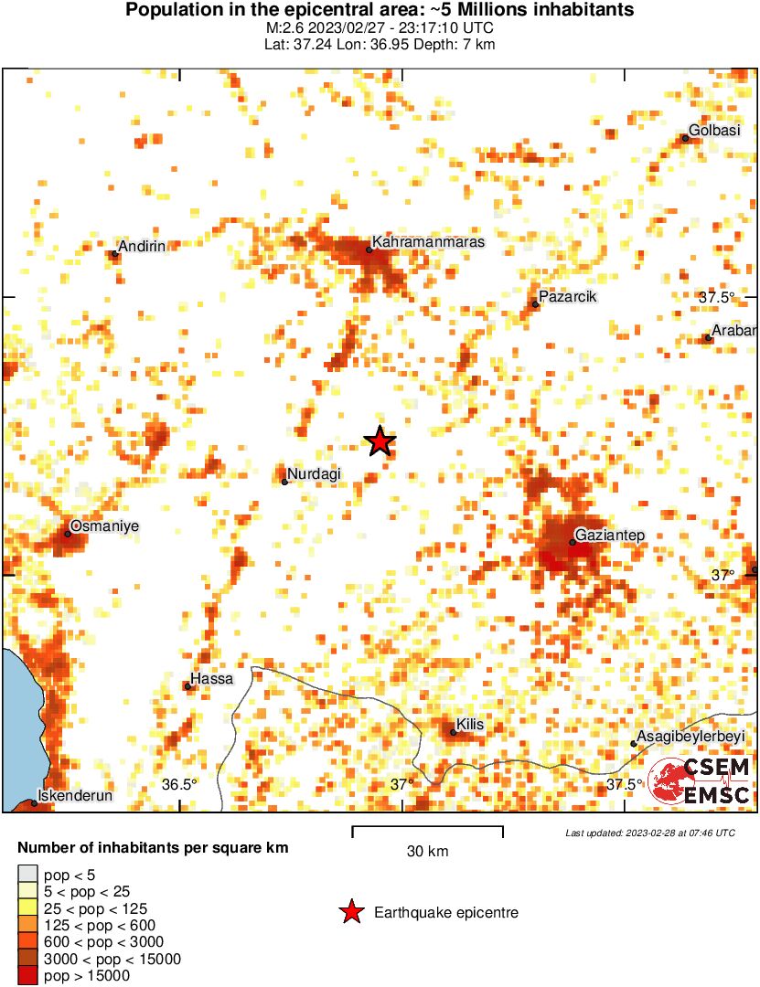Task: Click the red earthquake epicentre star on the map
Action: pyautogui.click(x=380, y=442)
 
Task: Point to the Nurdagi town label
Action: pyautogui.click(x=314, y=474)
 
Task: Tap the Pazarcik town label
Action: pyautogui.click(x=567, y=297)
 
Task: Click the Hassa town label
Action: pyautogui.click(x=211, y=679)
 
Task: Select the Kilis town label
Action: pyautogui.click(x=470, y=725)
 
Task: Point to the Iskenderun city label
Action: pyautogui.click(x=74, y=796)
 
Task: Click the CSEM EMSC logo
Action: pyautogui.click(x=701, y=781)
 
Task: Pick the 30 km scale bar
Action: pyautogui.click(x=427, y=831)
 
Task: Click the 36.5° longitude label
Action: pyautogui.click(x=179, y=784)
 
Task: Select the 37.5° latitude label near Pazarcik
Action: pyautogui.click(x=717, y=297)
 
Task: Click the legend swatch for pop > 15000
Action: pyautogui.click(x=27, y=976)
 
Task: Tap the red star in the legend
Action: pyautogui.click(x=350, y=912)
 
